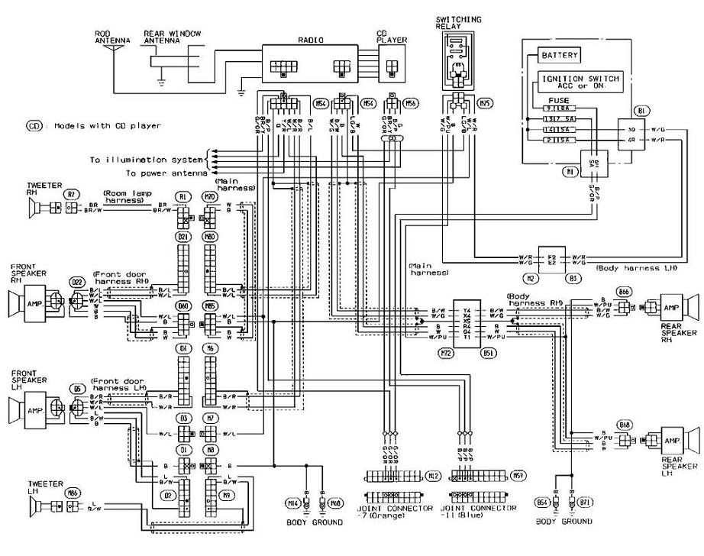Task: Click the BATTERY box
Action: [560, 56]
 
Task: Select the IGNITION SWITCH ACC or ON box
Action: [581, 82]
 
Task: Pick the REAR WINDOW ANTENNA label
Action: [162, 37]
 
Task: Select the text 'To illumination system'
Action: [146, 160]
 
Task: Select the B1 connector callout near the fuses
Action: [640, 112]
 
